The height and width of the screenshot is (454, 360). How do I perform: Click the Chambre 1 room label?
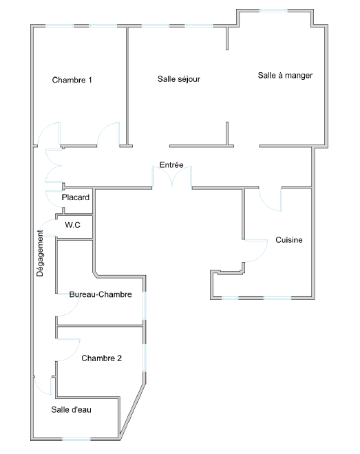[x=72, y=80]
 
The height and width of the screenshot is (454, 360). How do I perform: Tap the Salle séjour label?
[x=179, y=79]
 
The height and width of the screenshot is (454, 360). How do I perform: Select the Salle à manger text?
[x=285, y=76]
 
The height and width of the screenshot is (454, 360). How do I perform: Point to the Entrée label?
[x=171, y=165]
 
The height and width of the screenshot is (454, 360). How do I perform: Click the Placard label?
[x=75, y=197]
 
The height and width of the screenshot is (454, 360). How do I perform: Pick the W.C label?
[x=73, y=225]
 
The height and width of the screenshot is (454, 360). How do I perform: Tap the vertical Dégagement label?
[x=40, y=253]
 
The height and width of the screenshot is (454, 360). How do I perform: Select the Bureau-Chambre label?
[x=100, y=294]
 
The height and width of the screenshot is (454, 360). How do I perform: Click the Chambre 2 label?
[x=101, y=358]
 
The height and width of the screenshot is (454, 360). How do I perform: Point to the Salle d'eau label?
[x=72, y=410]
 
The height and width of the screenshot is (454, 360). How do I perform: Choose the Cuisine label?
[x=288, y=240]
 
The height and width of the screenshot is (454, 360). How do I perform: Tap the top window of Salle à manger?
[x=273, y=11]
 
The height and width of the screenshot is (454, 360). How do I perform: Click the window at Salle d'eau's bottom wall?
[x=76, y=440]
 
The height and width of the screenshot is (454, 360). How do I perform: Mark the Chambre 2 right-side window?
[x=145, y=358]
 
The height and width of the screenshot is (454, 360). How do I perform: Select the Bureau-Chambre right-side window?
[x=145, y=305]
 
